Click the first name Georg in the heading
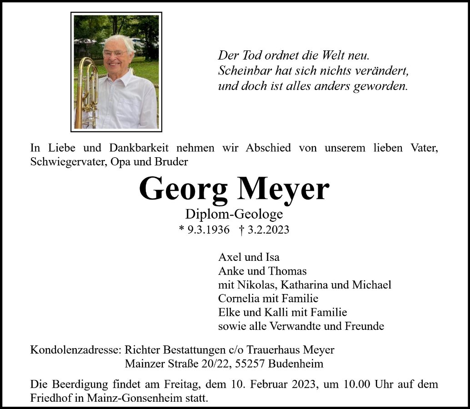point(183,189)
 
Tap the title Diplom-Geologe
point(234,214)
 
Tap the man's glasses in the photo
point(115,53)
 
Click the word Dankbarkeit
point(139,148)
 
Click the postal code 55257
point(250,364)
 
